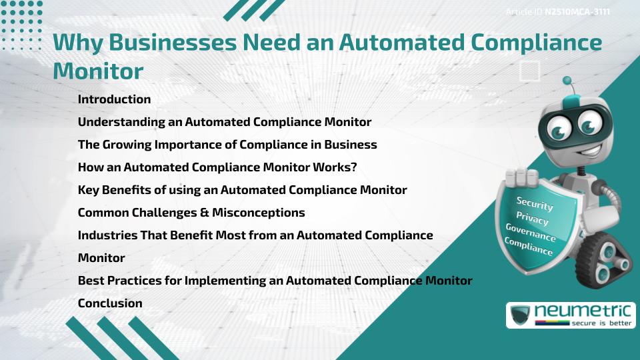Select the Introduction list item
click(115, 99)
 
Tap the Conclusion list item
click(110, 303)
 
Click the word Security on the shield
click(534, 204)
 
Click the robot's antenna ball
click(567, 81)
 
